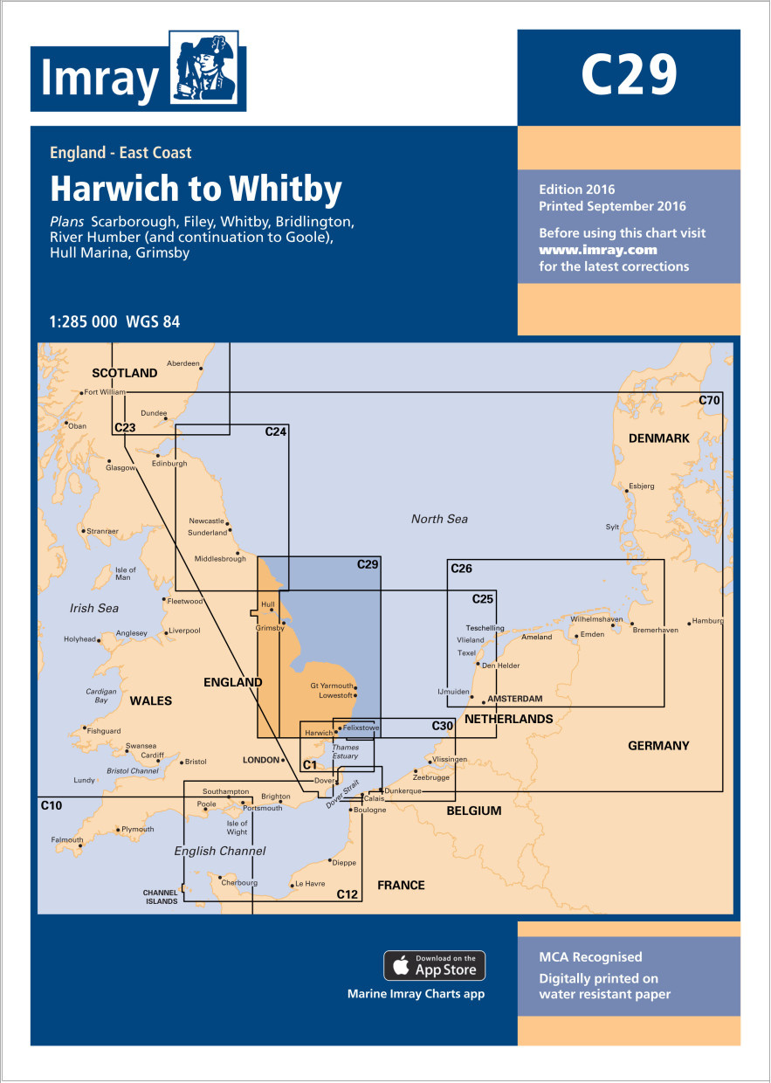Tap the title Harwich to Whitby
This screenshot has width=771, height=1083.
click(x=196, y=189)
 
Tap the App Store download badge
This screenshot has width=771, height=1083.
click(x=434, y=965)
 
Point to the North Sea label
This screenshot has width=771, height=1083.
click(x=439, y=519)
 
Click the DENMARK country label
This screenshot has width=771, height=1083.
click(x=658, y=438)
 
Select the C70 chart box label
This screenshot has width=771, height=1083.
click(x=710, y=400)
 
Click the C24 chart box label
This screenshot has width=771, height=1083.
click(x=276, y=431)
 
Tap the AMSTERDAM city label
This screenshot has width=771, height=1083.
click(x=514, y=699)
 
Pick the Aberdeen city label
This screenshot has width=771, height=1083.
click(x=183, y=363)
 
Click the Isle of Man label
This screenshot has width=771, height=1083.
click(x=126, y=574)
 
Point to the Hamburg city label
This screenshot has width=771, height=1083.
click(x=707, y=621)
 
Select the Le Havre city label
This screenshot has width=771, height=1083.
click(x=310, y=884)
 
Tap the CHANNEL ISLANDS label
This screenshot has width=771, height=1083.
click(x=160, y=896)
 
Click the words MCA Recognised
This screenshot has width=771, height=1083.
click(x=590, y=957)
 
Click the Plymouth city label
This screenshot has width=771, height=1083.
click(x=137, y=829)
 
